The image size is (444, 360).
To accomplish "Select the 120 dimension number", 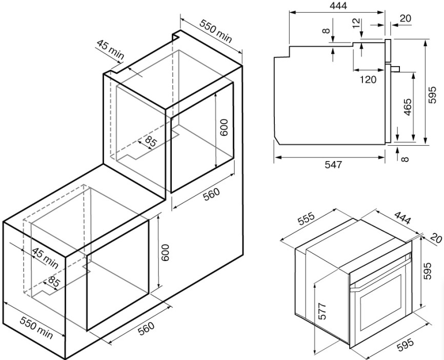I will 367,79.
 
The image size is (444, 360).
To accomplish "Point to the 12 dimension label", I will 356,23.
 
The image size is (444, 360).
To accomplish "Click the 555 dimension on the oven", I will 306,220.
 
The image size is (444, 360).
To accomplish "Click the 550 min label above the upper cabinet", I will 216,32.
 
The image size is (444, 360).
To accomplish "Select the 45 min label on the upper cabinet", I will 110,50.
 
